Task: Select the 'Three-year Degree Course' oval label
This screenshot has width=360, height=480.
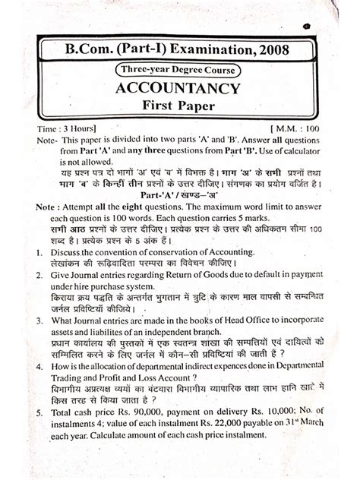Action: tap(180, 71)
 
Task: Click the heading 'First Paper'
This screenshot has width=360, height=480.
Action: tap(181, 109)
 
